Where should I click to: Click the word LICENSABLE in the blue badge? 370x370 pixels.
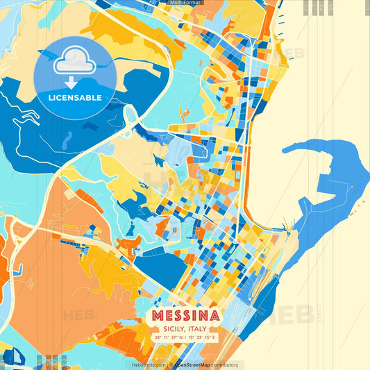point(75,97)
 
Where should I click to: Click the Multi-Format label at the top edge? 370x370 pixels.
point(185,3)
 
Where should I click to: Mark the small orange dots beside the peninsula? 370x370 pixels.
point(362,202)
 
